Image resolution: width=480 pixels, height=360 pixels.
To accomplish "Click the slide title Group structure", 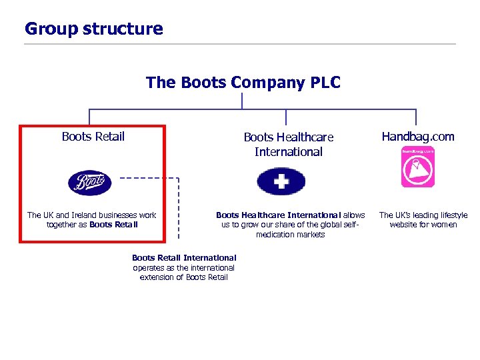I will pyautogui.click(x=93, y=29).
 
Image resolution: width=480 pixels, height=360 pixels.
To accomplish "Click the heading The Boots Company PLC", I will pyautogui.click(x=243, y=83).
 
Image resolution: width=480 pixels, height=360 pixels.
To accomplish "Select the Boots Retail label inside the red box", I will pyautogui.click(x=93, y=137).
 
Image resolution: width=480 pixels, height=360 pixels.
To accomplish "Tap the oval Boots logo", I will pyautogui.click(x=90, y=183).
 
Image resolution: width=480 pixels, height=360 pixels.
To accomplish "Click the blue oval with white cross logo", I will pyautogui.click(x=281, y=181).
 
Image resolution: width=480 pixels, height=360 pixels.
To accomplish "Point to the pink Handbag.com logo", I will pyautogui.click(x=417, y=167).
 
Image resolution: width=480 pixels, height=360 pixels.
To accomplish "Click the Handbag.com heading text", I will pyautogui.click(x=417, y=137).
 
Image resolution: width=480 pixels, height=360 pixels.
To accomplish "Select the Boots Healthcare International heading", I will pyautogui.click(x=288, y=144).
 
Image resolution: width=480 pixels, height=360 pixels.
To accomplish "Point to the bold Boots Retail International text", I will pyautogui.click(x=184, y=258).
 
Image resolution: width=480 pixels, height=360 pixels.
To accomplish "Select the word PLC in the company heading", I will pyautogui.click(x=325, y=83).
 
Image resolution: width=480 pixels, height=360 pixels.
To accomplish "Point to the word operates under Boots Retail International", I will pyautogui.click(x=149, y=268).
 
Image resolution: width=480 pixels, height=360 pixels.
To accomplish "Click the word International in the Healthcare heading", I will pyautogui.click(x=288, y=152).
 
